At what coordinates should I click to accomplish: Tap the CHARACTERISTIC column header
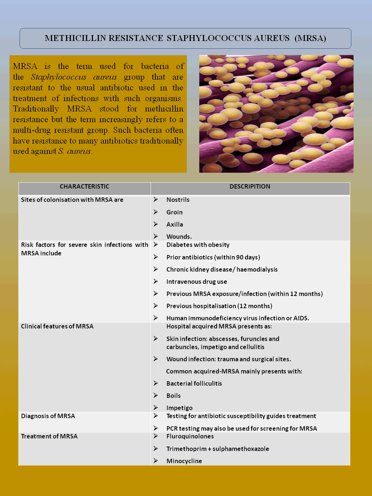pos(85,187)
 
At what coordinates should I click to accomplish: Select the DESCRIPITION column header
pos(250,187)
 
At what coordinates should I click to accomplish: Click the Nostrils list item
pos(178,200)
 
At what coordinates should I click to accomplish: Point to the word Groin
pos(175,212)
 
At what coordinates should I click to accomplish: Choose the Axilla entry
pos(175,224)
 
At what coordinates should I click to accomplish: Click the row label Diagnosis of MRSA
pos(48,416)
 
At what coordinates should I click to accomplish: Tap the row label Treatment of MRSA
pos(49,437)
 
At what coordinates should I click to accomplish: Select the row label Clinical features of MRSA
pos(57,327)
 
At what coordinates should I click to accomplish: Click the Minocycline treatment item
pos(184,461)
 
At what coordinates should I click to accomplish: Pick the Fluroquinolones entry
pos(190,437)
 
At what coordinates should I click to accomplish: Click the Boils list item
pos(173,396)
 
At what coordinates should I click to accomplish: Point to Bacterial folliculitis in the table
pos(194,383)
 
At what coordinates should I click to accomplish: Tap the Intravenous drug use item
pos(197,282)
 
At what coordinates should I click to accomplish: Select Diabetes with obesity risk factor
pos(198,245)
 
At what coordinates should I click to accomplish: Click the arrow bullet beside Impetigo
pos(156,408)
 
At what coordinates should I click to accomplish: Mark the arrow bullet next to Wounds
pos(156,236)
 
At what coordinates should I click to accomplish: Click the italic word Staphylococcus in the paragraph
pos(59,77)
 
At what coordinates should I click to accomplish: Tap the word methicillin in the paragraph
pos(164,109)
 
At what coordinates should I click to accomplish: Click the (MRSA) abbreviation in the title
pos(310,38)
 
